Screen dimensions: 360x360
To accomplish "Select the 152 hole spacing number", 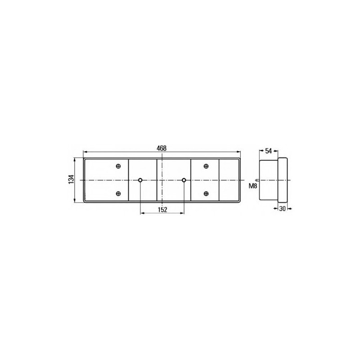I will pyautogui.click(x=162, y=210).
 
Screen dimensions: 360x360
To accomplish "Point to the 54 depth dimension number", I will pyautogui.click(x=268, y=151).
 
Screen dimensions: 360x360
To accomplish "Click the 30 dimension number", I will pyautogui.click(x=283, y=208).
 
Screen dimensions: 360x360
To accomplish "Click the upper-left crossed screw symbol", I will pyautogui.click(x=118, y=166).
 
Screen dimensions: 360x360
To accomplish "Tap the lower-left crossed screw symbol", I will pyautogui.click(x=118, y=193).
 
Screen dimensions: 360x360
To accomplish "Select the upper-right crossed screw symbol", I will pyautogui.click(x=206, y=166).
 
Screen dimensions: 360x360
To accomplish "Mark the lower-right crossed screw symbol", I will pyautogui.click(x=206, y=193).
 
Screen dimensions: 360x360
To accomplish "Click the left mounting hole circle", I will pyautogui.click(x=140, y=180).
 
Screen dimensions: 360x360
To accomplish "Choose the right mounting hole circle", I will pyautogui.click(x=184, y=180).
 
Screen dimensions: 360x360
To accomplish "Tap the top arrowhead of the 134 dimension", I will pyautogui.click(x=75, y=158).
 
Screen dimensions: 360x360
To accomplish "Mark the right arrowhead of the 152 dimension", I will pyautogui.click(x=182, y=213).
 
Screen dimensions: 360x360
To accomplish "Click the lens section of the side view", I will pyautogui.click(x=283, y=180).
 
